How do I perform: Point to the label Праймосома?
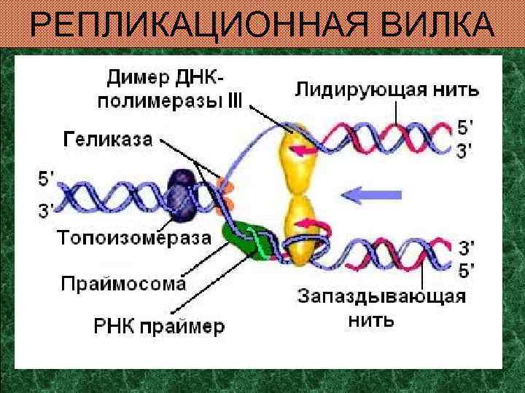pos(123,282)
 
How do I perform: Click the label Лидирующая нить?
pos(386,90)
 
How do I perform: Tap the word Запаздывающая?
pos(381,298)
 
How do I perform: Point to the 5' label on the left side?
pos(46,178)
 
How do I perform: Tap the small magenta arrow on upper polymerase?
pos(305,151)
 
